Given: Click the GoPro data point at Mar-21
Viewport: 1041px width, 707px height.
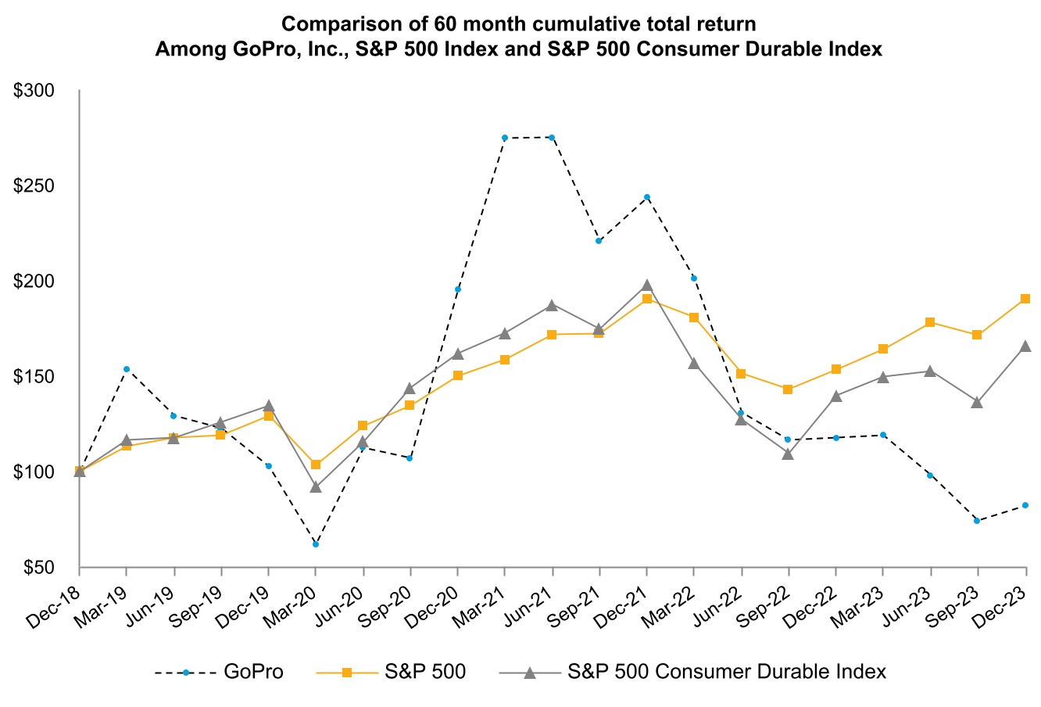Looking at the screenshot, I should (505, 138).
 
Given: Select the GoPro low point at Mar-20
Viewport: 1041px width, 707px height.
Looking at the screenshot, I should (316, 544).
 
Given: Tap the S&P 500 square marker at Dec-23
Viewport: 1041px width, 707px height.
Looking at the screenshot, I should (1025, 299).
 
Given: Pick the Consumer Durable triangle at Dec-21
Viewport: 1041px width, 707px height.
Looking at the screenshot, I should (646, 285).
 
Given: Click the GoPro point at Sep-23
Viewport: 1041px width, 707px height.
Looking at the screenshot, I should (977, 520).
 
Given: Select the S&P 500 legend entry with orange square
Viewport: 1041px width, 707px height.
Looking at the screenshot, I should (425, 671).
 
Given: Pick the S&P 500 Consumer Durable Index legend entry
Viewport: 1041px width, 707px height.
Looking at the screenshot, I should (727, 671).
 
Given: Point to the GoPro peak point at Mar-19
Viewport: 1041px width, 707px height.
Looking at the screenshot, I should (127, 368).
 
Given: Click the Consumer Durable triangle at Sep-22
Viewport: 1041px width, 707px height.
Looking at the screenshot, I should (788, 454).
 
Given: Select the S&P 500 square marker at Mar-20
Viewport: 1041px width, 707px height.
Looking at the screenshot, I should (316, 465).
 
